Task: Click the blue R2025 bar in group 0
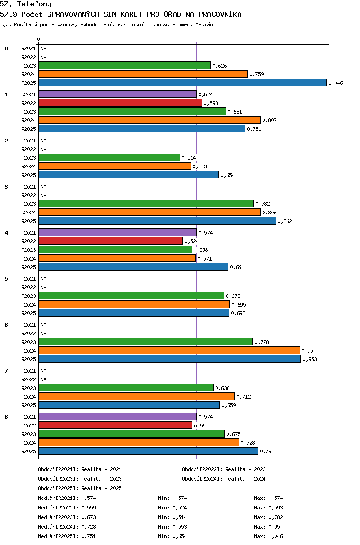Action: pyautogui.click(x=183, y=83)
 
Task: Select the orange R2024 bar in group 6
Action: pyautogui.click(x=169, y=350)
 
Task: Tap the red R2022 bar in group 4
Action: pyautogui.click(x=111, y=241)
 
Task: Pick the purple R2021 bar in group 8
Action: pyautogui.click(x=118, y=416)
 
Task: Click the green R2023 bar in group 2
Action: pyautogui.click(x=109, y=157)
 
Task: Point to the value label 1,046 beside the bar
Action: pyautogui.click(x=336, y=83)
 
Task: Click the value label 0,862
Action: pyautogui.click(x=285, y=221)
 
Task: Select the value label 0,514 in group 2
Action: pyautogui.click(x=189, y=158)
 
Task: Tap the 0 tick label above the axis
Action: pyautogui.click(x=38, y=39)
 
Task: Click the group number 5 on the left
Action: pyautogui.click(x=6, y=279)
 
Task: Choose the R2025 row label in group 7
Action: pyautogui.click(x=28, y=405)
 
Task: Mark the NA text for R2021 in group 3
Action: pyautogui.click(x=44, y=187)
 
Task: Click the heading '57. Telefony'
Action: pyautogui.click(x=26, y=4)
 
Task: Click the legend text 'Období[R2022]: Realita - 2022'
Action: pyautogui.click(x=224, y=469)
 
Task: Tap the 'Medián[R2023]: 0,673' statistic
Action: pyautogui.click(x=67, y=517)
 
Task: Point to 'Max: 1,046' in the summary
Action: pyautogui.click(x=268, y=536)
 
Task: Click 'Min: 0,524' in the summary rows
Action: pyautogui.click(x=172, y=508)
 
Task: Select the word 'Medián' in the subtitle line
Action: pyautogui.click(x=204, y=24)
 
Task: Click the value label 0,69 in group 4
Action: pyautogui.click(x=236, y=267)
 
